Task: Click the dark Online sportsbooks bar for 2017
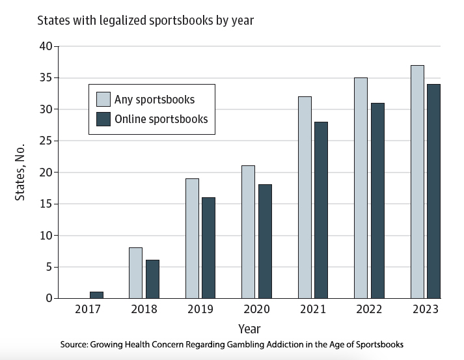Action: coord(96,295)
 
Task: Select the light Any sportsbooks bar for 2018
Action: coord(135,273)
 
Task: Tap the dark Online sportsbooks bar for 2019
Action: coord(208,248)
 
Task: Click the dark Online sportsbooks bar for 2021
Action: coord(321,210)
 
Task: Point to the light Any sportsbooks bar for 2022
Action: coord(361,188)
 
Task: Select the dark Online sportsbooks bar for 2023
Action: coord(433,191)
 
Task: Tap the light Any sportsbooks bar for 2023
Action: coord(417,182)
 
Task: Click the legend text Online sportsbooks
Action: coord(161,119)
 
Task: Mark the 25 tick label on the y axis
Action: coord(46,141)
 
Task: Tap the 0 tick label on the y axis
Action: coord(49,298)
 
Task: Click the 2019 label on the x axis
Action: coord(200,310)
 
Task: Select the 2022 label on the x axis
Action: coord(369,310)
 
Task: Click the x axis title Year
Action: coord(249,329)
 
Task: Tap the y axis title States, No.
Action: coord(20,173)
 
